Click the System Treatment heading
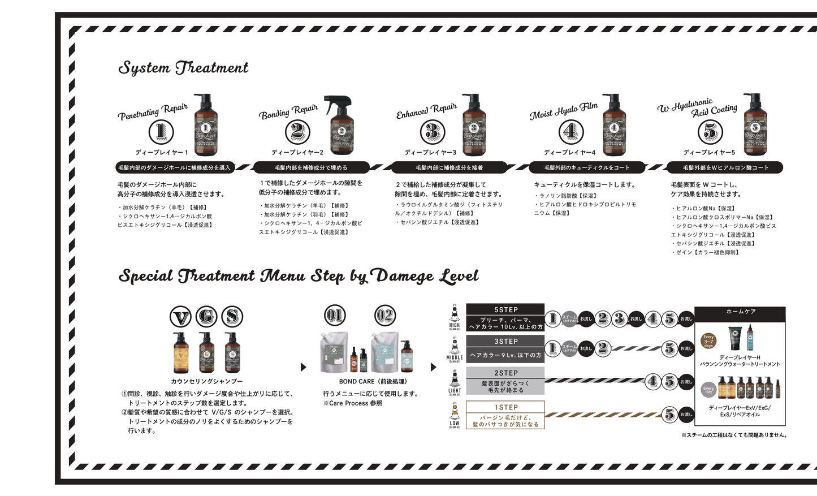(x=183, y=68)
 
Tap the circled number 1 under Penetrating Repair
(x=161, y=132)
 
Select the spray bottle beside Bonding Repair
(x=341, y=125)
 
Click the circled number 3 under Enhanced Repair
(x=433, y=132)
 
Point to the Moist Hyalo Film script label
(x=564, y=111)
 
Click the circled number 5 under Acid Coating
(x=710, y=132)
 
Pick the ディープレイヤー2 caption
(x=297, y=153)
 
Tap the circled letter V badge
(x=181, y=317)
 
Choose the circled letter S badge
(x=232, y=317)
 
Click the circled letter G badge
(x=206, y=317)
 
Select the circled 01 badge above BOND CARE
(x=335, y=316)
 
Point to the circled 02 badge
(x=385, y=316)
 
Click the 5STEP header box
(x=505, y=310)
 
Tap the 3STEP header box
(x=505, y=342)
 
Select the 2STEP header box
(x=505, y=373)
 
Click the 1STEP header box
(x=505, y=407)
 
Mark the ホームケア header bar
(x=740, y=312)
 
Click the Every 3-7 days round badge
(x=708, y=342)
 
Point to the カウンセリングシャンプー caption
(x=206, y=382)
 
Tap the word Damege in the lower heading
(x=404, y=276)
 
